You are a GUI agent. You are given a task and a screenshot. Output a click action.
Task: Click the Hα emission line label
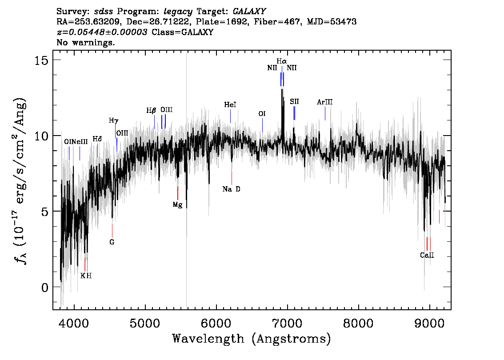point(282,61)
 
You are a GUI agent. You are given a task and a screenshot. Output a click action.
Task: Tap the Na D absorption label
point(232,189)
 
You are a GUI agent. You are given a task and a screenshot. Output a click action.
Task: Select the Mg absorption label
point(177,205)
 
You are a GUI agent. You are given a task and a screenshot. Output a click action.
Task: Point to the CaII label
point(427,255)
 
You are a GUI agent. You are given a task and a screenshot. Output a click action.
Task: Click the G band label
point(112,242)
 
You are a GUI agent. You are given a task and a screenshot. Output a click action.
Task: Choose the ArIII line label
point(324,102)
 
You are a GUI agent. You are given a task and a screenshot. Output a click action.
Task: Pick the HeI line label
point(230,105)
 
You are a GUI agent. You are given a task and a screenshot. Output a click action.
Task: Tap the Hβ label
point(151,111)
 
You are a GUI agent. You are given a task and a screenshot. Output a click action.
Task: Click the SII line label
point(294,102)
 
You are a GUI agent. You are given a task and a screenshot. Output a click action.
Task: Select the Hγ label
point(113,121)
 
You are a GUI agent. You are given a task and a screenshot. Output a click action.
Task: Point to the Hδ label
point(97,139)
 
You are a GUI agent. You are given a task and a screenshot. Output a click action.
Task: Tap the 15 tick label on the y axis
point(41,60)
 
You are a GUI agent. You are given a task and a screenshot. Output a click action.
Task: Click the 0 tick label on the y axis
point(45,287)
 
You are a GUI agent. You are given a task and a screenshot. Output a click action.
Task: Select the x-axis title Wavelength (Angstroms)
point(252,339)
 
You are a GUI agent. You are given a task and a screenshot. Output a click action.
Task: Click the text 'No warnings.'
point(85,42)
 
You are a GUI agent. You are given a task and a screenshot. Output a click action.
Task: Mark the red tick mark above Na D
point(232,178)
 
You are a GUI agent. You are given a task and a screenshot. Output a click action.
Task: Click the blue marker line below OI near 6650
point(262,125)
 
